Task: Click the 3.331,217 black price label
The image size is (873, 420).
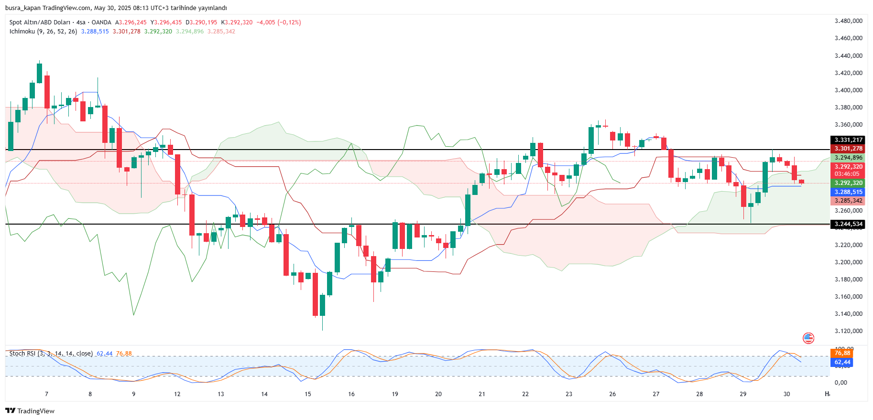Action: [x=848, y=140]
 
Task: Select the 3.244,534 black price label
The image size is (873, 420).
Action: [x=848, y=224]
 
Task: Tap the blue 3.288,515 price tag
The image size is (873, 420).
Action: [x=848, y=192]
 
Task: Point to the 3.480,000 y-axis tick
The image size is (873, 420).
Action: [x=848, y=21]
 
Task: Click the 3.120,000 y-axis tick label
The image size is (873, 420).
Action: [x=848, y=331]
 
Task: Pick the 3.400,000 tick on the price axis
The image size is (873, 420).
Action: [x=848, y=90]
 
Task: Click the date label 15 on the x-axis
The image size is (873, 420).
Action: [x=308, y=394]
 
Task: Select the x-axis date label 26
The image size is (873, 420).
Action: [x=612, y=394]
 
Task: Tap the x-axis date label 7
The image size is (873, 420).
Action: [x=46, y=394]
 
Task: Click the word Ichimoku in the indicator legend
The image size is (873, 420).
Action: [x=22, y=32]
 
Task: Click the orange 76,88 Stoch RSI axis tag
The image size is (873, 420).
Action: [x=842, y=353]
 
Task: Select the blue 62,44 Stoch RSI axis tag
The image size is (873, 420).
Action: [x=842, y=362]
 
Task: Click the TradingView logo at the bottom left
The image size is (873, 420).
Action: [x=30, y=411]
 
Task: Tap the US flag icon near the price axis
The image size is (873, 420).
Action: [x=808, y=338]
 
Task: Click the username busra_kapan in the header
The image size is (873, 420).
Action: [x=23, y=8]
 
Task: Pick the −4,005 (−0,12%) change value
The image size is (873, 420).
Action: [x=279, y=22]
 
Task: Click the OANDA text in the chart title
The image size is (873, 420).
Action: [x=101, y=22]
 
